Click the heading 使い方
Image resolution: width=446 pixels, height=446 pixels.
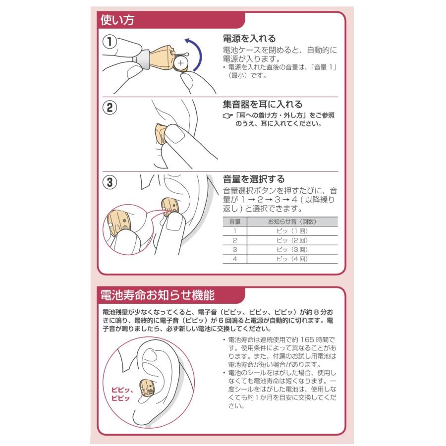[117, 20]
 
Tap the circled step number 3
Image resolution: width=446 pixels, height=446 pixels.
[110, 182]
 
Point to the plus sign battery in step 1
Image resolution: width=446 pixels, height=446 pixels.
[182, 63]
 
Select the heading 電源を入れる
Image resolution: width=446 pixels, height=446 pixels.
[248, 38]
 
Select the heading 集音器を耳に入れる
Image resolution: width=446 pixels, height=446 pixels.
[262, 105]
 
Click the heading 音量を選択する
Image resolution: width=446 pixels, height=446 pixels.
[253, 179]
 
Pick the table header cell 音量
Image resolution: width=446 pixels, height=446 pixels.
[235, 222]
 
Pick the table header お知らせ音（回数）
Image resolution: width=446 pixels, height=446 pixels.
[292, 222]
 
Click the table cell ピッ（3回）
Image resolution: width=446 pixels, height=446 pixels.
[292, 249]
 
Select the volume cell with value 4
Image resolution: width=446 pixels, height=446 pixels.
[235, 259]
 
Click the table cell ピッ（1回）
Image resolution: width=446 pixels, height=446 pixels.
[292, 231]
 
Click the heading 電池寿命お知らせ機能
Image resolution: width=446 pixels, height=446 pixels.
[157, 296]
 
